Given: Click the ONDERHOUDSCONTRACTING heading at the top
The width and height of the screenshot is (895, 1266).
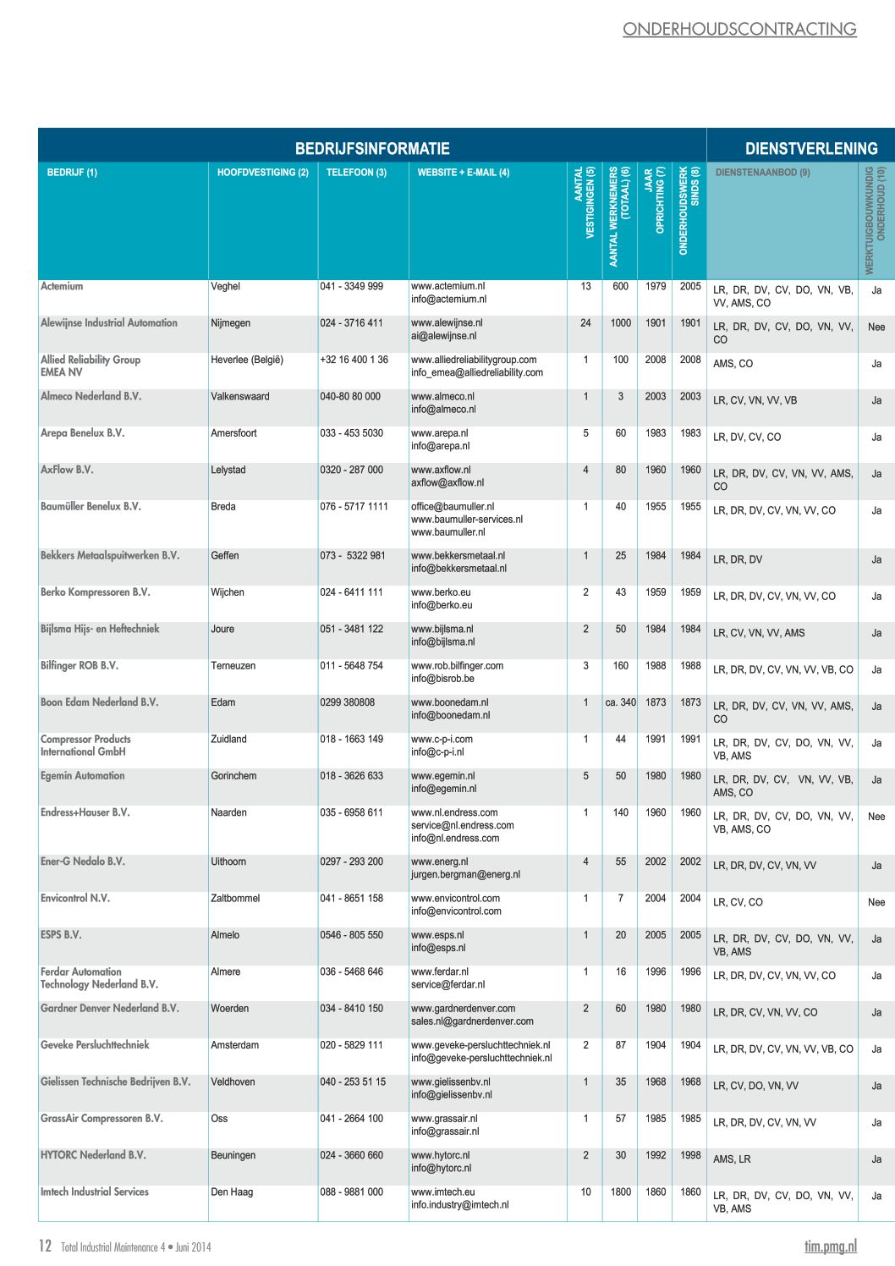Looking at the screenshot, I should coord(739,29).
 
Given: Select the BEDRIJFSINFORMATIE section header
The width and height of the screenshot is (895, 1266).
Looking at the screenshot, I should coord(372,149).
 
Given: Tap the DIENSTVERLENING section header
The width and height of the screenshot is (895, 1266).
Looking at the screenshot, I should coord(811,149).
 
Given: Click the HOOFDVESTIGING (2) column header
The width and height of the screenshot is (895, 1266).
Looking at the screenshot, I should coord(263,173).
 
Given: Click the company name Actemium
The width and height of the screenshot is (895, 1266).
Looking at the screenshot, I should coord(62,286).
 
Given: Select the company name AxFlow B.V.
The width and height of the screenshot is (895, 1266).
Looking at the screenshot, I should coord(67,470).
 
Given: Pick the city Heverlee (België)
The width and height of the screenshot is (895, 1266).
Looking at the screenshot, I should coord(247,360).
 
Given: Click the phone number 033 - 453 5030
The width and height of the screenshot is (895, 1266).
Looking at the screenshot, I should coord(351,433).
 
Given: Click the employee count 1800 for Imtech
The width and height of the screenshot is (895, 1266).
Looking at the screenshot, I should coord(621,1192).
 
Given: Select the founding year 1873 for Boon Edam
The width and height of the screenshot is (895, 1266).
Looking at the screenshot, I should coord(656,702).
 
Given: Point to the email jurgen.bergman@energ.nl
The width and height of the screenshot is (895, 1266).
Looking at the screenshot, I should coord(465,874).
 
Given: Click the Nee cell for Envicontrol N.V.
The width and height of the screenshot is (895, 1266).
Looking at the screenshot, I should coord(876,902).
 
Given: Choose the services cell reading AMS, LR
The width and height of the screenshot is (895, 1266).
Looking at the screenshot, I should coord(732,1159).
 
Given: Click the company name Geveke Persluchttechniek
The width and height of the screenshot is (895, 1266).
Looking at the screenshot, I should coord(95,1045).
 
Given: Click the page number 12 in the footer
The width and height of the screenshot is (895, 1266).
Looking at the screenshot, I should coord(46,1246).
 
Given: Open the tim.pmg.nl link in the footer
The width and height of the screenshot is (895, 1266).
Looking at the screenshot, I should coord(830,1246).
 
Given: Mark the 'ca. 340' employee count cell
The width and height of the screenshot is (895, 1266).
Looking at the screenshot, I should coord(621,702).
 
